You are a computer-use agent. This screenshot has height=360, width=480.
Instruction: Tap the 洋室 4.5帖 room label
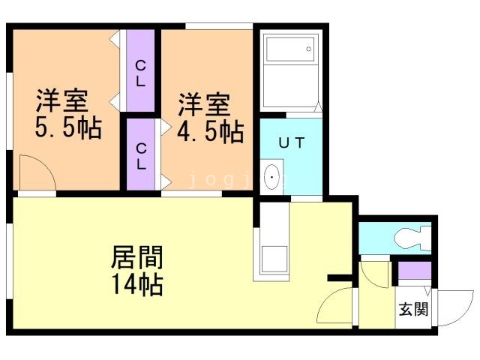(209, 118)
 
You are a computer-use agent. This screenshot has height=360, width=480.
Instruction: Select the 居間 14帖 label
(138, 270)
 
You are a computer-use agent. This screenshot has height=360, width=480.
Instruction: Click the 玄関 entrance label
(412, 309)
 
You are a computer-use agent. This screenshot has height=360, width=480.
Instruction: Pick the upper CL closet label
(140, 73)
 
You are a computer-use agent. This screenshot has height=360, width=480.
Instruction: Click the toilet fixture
(412, 238)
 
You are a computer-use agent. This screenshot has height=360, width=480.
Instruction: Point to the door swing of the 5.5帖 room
(37, 174)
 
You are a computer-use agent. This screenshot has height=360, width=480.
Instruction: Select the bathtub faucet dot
(307, 50)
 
